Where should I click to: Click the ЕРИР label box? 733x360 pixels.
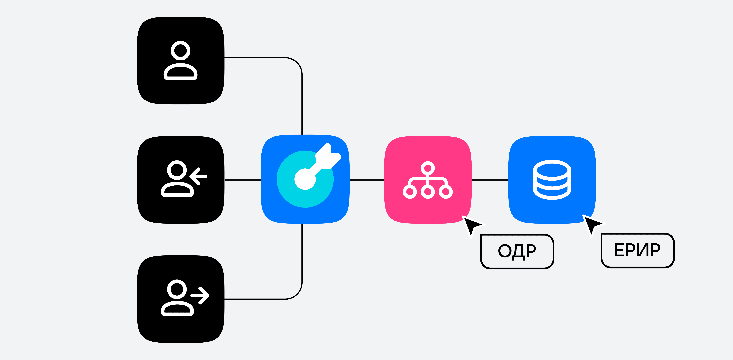point(637,250)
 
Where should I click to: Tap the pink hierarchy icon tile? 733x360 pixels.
point(428,180)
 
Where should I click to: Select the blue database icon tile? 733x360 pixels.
point(552,180)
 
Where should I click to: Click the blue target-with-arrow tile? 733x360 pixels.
point(305,179)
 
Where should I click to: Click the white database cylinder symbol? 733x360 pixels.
point(552,180)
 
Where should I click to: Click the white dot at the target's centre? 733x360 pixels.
point(305,179)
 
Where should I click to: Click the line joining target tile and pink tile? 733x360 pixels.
point(367,180)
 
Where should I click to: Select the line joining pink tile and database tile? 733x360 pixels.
point(490,180)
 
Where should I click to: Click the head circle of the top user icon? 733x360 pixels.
point(180,51)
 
